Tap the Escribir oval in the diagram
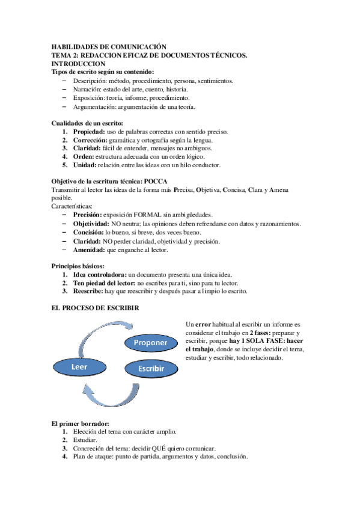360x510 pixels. point(151,368)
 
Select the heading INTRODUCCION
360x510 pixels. point(79,63)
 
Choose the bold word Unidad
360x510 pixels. point(85,165)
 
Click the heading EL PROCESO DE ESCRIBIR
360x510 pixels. point(96,307)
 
